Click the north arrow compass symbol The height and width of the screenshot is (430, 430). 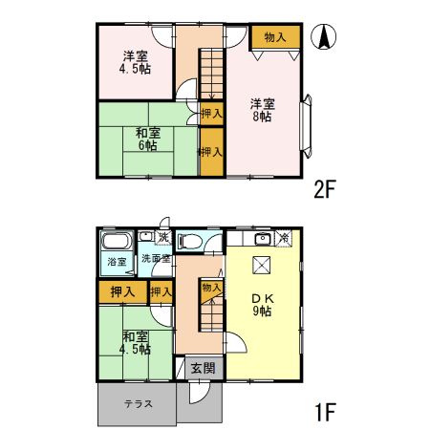[x=325, y=37]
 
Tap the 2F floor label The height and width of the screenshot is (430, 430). [x=325, y=188]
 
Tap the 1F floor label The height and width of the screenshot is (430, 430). [x=325, y=413]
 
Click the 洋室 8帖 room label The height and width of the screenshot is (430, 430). [x=261, y=109]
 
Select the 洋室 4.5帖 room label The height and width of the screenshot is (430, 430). [x=134, y=62]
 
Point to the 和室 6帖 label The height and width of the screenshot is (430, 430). [x=147, y=139]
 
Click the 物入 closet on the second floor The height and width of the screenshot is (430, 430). [x=274, y=37]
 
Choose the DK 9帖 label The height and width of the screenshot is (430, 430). [x=261, y=304]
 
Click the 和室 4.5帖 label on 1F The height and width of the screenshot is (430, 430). [x=136, y=342]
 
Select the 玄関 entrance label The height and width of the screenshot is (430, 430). [x=202, y=368]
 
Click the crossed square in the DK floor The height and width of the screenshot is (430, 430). [x=261, y=265]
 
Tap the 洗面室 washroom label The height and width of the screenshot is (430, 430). [x=155, y=258]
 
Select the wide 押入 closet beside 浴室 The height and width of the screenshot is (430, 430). [x=122, y=290]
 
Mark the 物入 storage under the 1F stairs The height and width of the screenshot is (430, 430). [x=211, y=287]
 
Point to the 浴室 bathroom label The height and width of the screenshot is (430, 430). [x=115, y=261]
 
